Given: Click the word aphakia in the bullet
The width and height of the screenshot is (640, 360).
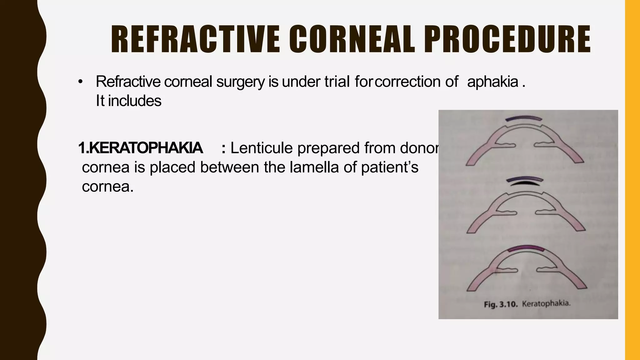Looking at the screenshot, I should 493,82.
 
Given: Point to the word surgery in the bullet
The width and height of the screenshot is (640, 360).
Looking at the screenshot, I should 241,82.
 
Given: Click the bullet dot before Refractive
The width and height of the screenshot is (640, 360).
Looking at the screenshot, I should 80,82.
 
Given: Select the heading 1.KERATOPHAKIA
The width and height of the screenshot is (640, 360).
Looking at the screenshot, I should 140,148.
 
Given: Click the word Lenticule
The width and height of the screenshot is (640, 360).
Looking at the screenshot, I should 263,148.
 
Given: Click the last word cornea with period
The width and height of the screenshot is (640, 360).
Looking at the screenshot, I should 107,187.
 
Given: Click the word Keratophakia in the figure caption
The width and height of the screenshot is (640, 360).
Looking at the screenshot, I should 546,303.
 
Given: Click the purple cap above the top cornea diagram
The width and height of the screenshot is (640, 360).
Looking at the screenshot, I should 524,118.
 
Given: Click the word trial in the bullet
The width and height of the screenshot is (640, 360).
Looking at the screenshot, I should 337,82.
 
